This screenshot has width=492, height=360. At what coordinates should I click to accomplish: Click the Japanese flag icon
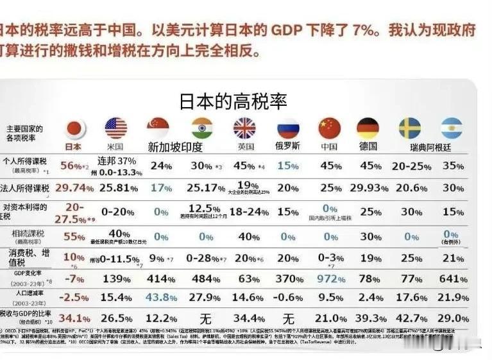click(75, 129)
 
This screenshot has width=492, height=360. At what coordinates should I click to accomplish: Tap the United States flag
click(115, 128)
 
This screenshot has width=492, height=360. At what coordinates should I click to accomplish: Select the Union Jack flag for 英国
click(244, 128)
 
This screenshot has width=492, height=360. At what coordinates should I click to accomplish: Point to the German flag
click(368, 129)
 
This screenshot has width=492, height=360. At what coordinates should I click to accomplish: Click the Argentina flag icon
click(452, 129)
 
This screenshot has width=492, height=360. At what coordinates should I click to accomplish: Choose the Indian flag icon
click(201, 128)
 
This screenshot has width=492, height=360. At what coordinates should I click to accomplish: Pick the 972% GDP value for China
click(330, 279)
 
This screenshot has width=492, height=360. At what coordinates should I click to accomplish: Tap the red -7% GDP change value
click(74, 279)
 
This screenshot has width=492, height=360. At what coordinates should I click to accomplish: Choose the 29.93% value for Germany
click(370, 188)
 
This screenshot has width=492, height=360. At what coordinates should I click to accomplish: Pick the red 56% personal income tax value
click(72, 165)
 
